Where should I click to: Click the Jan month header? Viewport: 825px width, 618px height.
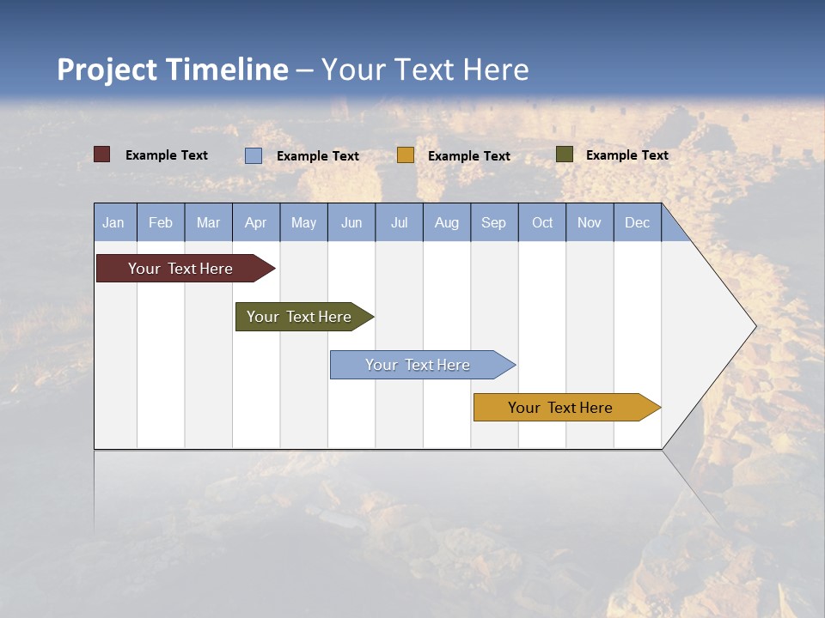click(114, 222)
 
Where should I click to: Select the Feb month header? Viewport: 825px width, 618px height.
click(161, 222)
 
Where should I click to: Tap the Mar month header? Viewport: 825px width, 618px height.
click(208, 222)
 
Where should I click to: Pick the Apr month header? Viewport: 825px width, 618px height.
click(256, 222)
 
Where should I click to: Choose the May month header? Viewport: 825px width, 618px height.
click(303, 222)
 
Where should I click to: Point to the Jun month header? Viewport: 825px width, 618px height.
click(351, 222)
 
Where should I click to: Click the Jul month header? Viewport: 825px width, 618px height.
click(399, 222)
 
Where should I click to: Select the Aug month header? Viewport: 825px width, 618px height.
click(447, 222)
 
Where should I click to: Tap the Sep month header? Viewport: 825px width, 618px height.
click(494, 222)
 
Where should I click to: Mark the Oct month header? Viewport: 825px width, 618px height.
click(542, 222)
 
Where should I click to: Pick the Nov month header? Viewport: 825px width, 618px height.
click(590, 222)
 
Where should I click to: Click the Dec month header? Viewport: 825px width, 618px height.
click(638, 222)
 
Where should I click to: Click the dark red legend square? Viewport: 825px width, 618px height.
click(102, 154)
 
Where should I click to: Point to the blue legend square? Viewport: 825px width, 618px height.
click(254, 155)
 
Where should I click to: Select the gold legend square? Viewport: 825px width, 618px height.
click(406, 155)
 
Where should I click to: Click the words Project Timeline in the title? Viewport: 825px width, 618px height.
click(173, 70)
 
